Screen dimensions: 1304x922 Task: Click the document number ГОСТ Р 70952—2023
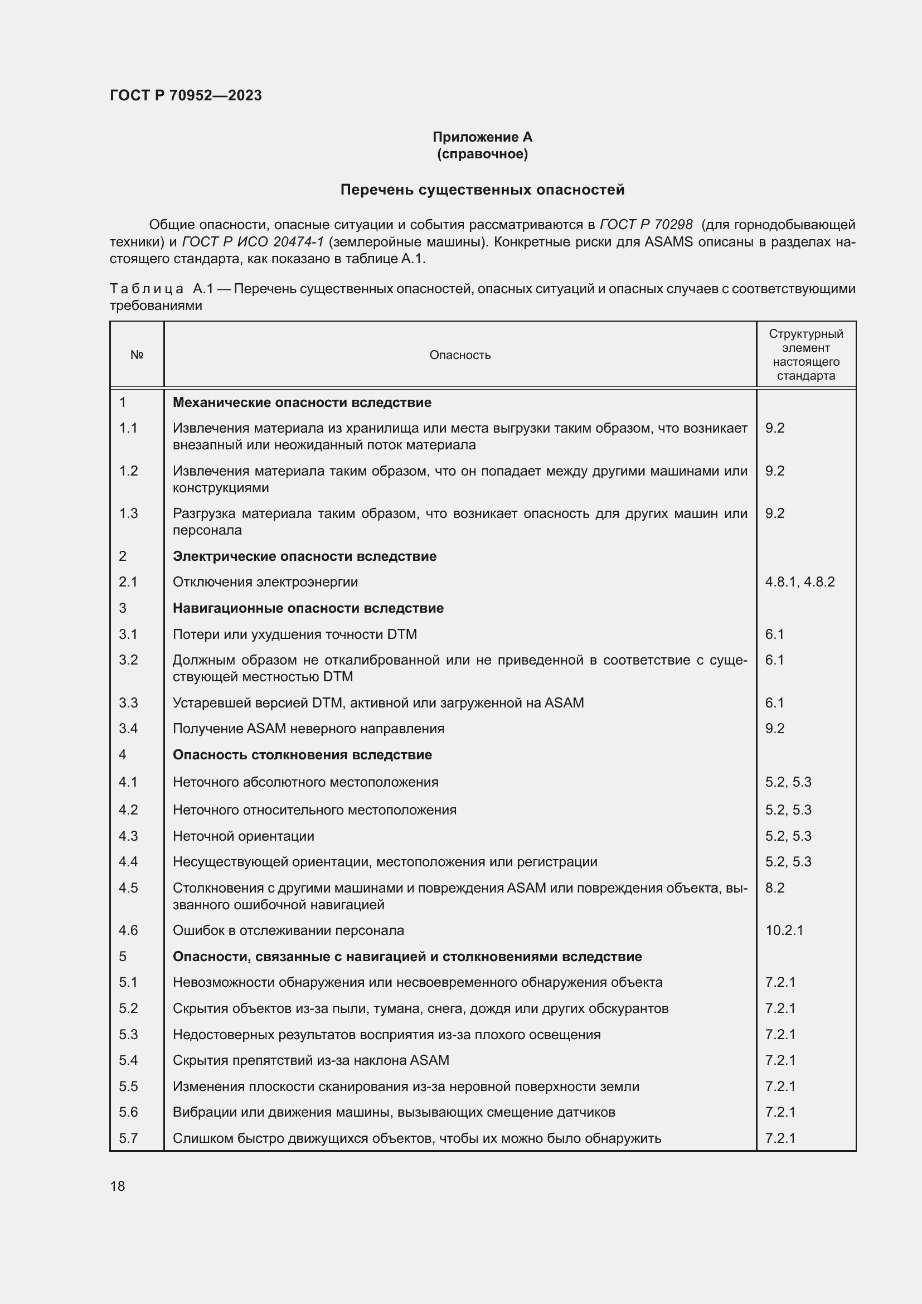click(x=186, y=95)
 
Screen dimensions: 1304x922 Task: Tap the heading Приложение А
click(x=482, y=137)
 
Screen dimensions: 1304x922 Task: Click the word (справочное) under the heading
click(x=482, y=154)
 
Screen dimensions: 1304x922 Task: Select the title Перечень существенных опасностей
click(x=482, y=190)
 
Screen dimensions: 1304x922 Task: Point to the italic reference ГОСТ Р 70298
click(x=646, y=225)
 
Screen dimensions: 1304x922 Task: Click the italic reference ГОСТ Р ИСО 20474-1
click(x=253, y=242)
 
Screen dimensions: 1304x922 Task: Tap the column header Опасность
click(x=460, y=355)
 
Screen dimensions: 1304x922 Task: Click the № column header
click(x=137, y=355)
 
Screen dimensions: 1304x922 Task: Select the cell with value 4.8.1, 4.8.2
click(x=799, y=582)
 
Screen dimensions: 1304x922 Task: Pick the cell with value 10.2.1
click(x=784, y=930)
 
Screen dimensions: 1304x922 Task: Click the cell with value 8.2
click(x=774, y=888)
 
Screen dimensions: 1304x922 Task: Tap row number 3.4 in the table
click(x=128, y=729)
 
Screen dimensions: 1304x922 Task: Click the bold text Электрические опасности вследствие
click(x=304, y=556)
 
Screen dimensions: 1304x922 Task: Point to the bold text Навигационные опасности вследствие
click(x=308, y=608)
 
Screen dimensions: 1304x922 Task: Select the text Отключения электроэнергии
click(x=265, y=582)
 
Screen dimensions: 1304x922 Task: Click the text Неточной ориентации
click(x=243, y=836)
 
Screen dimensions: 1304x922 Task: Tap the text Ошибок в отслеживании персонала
click(x=288, y=930)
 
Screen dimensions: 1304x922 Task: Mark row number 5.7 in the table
click(x=128, y=1138)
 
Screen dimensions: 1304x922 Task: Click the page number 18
click(x=118, y=1186)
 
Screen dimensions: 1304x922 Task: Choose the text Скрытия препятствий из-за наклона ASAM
click(x=310, y=1060)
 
